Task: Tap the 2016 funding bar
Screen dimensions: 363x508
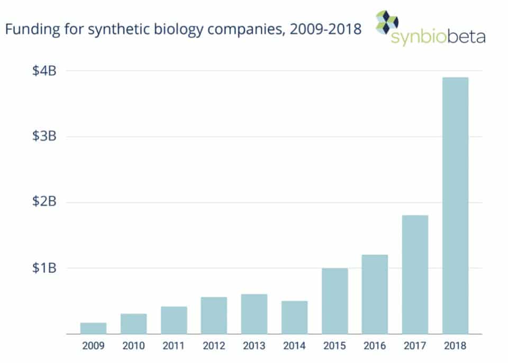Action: (375, 294)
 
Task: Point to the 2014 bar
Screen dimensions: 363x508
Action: (294, 317)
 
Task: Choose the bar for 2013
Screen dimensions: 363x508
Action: (254, 314)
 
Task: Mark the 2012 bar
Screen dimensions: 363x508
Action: (214, 315)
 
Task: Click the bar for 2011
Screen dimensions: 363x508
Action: (174, 320)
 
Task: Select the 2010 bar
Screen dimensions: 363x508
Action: (134, 324)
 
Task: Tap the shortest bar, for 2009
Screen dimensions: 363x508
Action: (94, 328)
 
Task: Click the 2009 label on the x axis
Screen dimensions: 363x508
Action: (94, 347)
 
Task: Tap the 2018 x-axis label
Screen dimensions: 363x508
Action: (455, 347)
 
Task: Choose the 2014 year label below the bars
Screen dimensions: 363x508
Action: (294, 347)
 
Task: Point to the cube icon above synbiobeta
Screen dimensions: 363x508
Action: (386, 21)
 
